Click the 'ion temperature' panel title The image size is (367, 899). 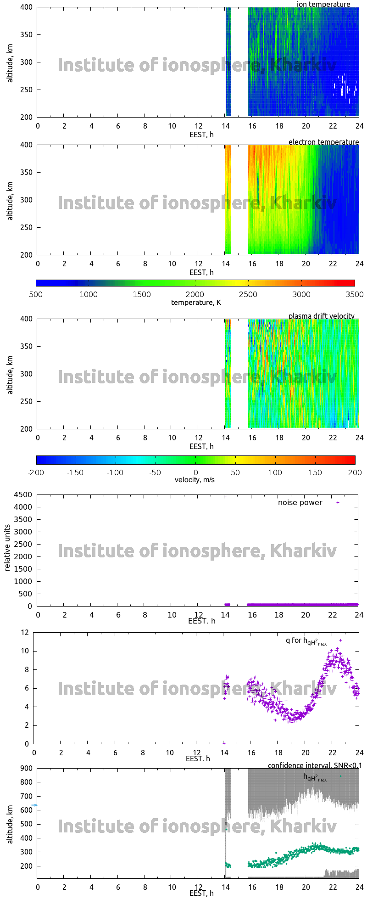323,4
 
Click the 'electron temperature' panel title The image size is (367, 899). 323,142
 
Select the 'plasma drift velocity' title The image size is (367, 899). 321,316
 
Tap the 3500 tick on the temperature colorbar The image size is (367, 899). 355,294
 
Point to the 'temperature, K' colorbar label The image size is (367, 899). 196,302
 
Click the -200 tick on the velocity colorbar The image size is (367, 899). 36,472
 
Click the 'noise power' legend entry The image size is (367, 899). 300,502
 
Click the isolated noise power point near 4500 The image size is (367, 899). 225,496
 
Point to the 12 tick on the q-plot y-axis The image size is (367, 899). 24,632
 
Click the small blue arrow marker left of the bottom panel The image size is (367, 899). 34,805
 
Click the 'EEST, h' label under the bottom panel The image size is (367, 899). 201,893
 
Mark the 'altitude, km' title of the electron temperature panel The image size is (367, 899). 10,200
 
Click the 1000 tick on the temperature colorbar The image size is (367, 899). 89,294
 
